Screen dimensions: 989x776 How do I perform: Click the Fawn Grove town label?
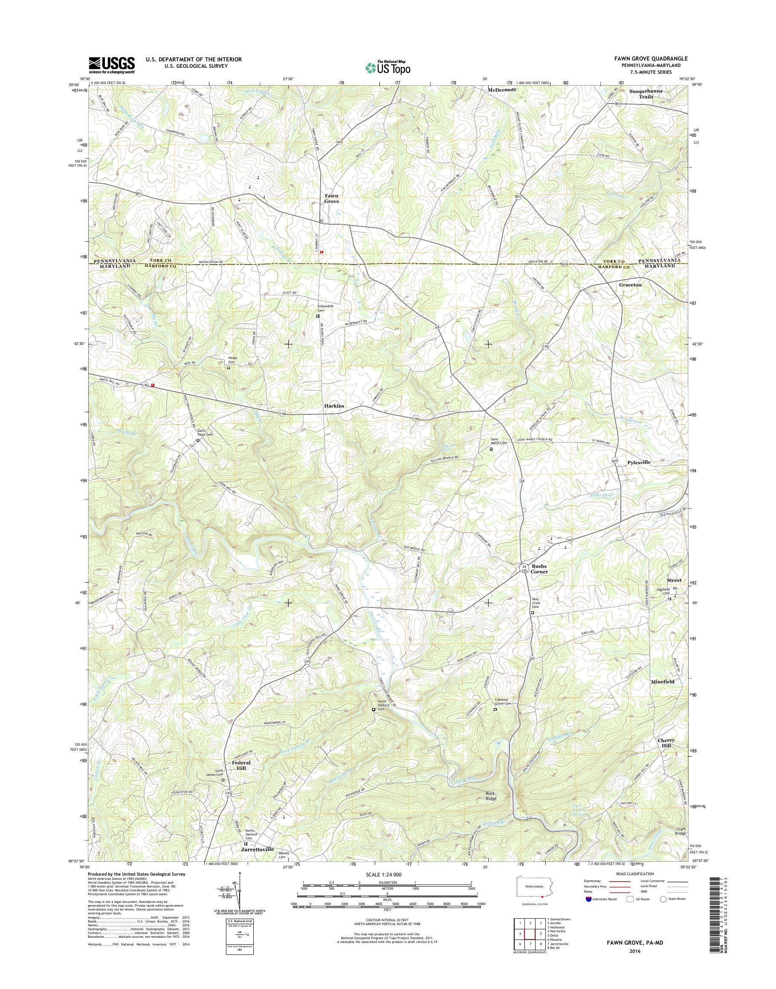(x=331, y=199)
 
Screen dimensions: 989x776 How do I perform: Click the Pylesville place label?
(x=639, y=462)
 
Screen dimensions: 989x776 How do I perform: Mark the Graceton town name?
(x=630, y=285)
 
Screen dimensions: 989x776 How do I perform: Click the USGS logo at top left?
(x=112, y=65)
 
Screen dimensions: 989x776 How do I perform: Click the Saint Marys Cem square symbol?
(x=491, y=449)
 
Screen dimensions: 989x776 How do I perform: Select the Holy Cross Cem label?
(x=536, y=603)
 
